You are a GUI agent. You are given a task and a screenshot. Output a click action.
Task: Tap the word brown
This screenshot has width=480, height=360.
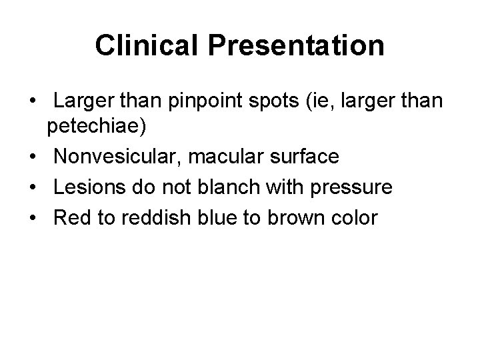coord(304,218)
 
